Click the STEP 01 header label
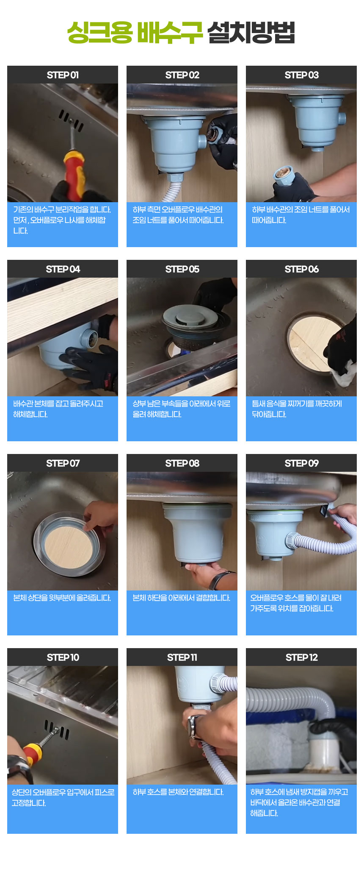pos(63,75)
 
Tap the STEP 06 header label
pos(301,269)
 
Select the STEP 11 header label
pos(182,657)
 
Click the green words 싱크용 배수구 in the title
pos(135,33)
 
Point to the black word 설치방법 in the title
pos(251,33)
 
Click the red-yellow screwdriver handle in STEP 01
pos(74,174)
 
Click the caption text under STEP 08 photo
pos(182,598)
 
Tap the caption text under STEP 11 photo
pos(178,792)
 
